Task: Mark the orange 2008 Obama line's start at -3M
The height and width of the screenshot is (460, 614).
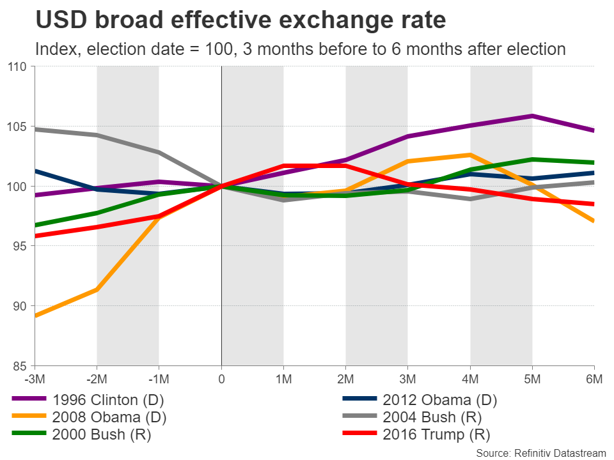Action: tap(35, 316)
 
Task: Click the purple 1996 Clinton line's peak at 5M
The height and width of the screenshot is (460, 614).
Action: tap(532, 116)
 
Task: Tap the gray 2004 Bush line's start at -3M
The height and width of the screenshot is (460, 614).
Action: tap(35, 129)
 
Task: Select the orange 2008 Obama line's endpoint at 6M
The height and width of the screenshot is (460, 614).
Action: tap(594, 221)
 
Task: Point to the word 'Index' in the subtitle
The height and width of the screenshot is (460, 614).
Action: tap(52, 49)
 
